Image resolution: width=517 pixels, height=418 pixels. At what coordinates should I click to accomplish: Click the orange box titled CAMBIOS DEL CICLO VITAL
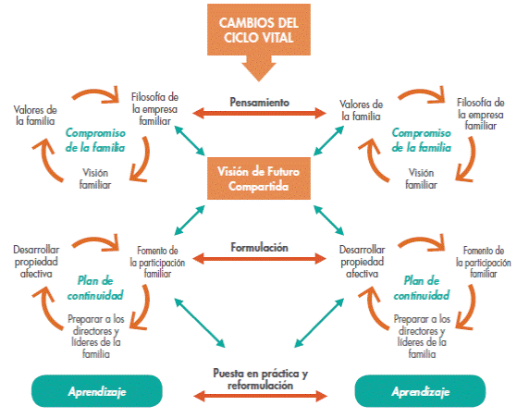point(259,30)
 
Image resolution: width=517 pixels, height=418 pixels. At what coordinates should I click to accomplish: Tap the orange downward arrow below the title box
point(259,68)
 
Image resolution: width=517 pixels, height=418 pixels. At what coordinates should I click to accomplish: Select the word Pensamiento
point(260,103)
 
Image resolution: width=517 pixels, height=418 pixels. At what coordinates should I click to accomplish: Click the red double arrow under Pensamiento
point(259,113)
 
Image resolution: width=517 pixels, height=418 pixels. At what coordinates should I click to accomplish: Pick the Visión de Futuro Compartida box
point(259,178)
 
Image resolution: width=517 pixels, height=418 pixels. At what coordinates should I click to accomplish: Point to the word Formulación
point(260,247)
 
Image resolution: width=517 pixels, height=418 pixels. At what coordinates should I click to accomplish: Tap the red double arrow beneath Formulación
point(259,258)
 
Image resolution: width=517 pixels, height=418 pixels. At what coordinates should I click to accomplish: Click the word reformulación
point(260,386)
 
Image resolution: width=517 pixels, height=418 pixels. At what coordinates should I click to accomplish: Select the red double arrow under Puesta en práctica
point(260,396)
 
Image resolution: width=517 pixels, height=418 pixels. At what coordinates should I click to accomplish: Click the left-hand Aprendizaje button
point(97,391)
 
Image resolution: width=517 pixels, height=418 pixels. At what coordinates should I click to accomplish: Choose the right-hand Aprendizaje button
point(420,391)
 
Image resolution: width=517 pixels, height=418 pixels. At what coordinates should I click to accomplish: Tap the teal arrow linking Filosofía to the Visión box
point(190,141)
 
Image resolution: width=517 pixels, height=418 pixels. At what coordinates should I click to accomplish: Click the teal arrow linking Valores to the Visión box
point(328,141)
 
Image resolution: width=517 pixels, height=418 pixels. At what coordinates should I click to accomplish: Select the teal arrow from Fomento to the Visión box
point(190,220)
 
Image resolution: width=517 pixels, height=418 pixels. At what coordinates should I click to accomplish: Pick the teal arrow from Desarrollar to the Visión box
point(328,220)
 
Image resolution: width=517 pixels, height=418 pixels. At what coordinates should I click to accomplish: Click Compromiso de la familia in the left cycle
point(95,140)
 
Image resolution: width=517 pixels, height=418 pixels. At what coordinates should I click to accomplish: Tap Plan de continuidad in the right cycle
point(422,289)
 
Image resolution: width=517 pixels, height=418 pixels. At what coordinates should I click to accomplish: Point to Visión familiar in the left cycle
point(95,178)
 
